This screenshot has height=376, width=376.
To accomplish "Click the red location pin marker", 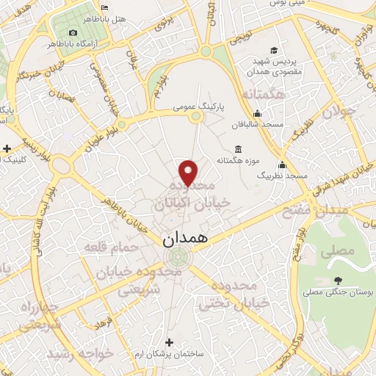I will [x=189, y=173].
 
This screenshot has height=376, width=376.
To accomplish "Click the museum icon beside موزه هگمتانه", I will [x=236, y=146].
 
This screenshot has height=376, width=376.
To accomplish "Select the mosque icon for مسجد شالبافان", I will [x=257, y=114].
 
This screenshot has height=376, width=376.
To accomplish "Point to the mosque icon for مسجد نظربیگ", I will [x=281, y=164].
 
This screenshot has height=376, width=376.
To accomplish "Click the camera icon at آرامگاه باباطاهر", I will [x=73, y=33].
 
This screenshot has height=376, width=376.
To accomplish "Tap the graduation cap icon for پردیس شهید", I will [x=273, y=50].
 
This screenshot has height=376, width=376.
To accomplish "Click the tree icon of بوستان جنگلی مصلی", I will [x=337, y=280].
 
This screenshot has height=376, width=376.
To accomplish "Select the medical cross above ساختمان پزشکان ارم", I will [x=170, y=342].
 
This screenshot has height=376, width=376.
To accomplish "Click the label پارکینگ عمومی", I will [x=198, y=107].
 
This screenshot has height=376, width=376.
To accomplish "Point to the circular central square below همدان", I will [x=177, y=258].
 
